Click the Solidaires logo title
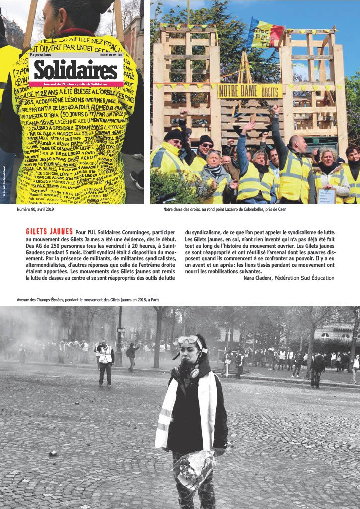click(x=76, y=70)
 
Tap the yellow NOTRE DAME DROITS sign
click(x=249, y=90)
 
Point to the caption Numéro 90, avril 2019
click(x=35, y=209)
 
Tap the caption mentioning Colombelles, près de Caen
click(x=225, y=209)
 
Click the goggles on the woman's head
click(x=187, y=340)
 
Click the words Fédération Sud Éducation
click(x=304, y=278)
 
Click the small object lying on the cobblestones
click(x=52, y=453)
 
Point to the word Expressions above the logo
click(x=41, y=55)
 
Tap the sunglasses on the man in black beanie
click(x=206, y=145)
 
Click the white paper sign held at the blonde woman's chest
click(x=326, y=196)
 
